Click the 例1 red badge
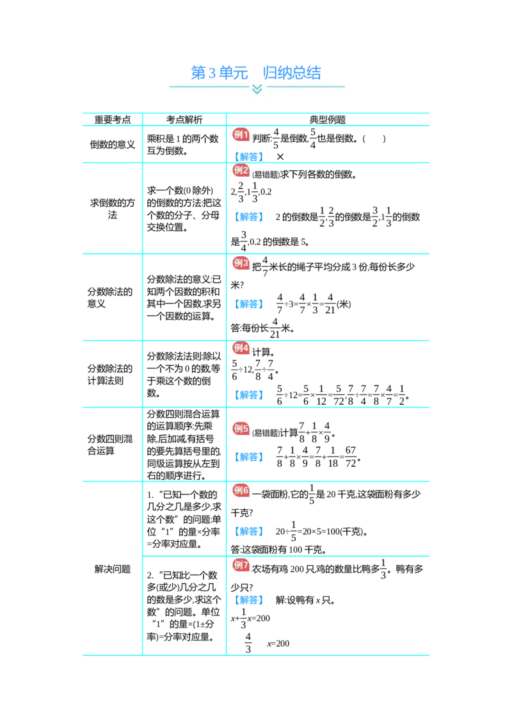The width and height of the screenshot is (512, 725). pos(240,134)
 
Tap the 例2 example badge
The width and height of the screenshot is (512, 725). pos(240,170)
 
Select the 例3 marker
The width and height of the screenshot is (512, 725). pos(240,263)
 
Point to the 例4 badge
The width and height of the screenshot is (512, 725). pos(240,348)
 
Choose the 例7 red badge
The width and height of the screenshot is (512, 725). pos(240,565)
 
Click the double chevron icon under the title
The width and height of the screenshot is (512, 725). pos(257,89)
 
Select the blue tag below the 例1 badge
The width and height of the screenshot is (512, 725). pos(250,155)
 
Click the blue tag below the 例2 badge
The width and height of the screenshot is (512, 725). pos(250,217)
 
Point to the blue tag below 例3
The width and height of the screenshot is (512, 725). pos(250,304)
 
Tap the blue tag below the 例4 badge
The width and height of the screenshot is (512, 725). pos(250,395)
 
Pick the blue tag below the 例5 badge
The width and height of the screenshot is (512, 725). pos(250,457)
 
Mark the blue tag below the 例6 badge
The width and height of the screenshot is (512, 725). pos(250,531)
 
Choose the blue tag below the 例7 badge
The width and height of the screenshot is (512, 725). pos(250,599)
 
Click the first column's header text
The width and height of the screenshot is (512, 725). pos(112,119)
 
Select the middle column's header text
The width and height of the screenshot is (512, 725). pos(184,119)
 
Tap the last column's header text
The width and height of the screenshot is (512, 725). pos(328,119)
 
